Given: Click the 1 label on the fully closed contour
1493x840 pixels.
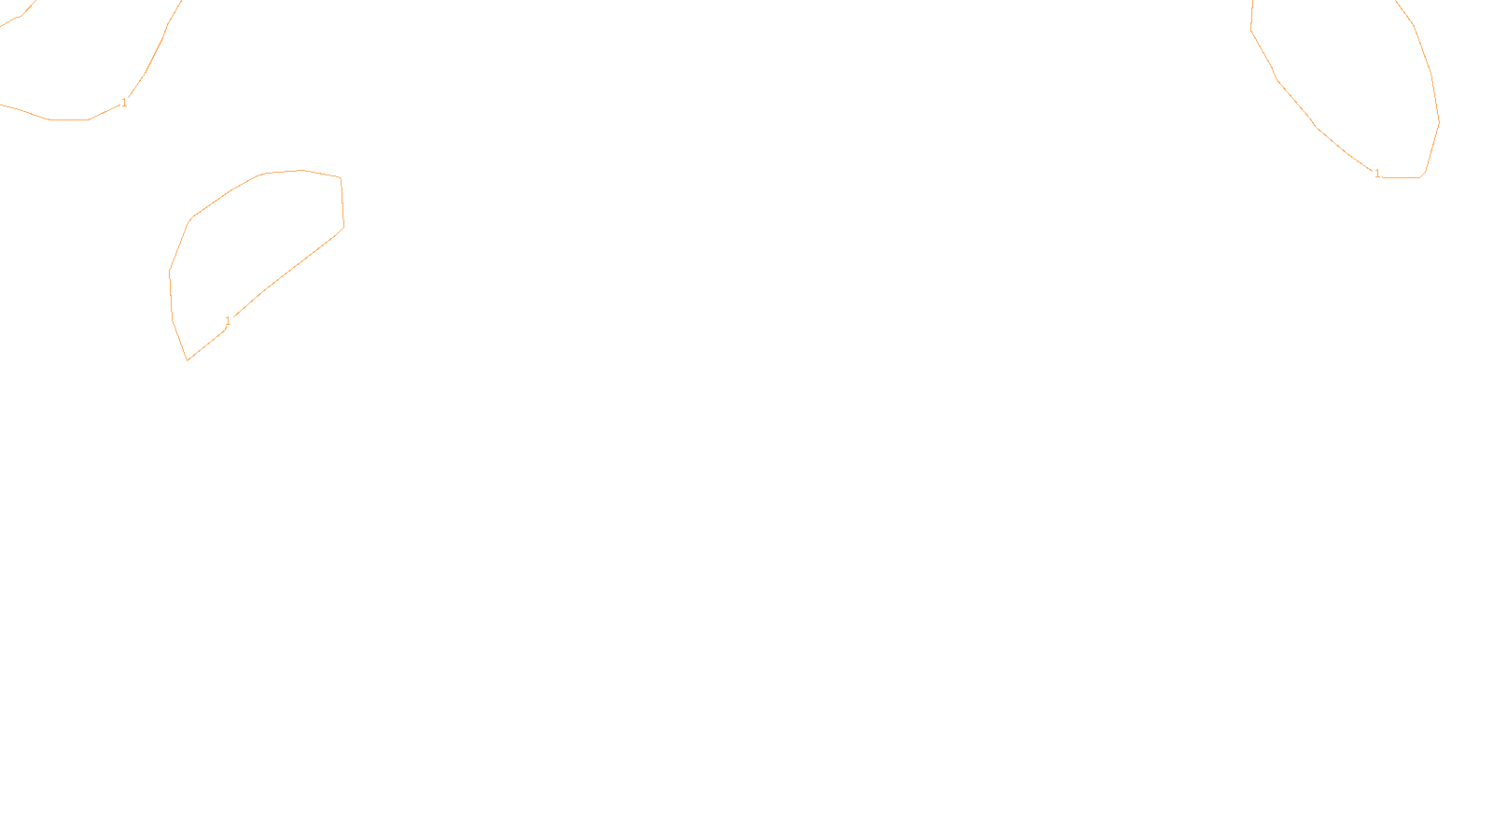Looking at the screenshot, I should point(228,321).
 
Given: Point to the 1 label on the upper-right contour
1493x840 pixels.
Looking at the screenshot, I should point(1377,173).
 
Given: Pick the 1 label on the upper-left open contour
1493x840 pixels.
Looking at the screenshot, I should point(124,103).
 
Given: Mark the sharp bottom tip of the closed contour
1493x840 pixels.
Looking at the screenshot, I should point(188,359).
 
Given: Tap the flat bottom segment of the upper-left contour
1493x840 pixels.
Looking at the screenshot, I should point(68,119).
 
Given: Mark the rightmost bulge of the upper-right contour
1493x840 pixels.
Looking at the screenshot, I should point(1438,121).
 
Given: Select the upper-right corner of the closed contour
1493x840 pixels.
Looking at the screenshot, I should point(341,177).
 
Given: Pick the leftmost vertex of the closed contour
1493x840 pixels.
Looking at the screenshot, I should point(169,273).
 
